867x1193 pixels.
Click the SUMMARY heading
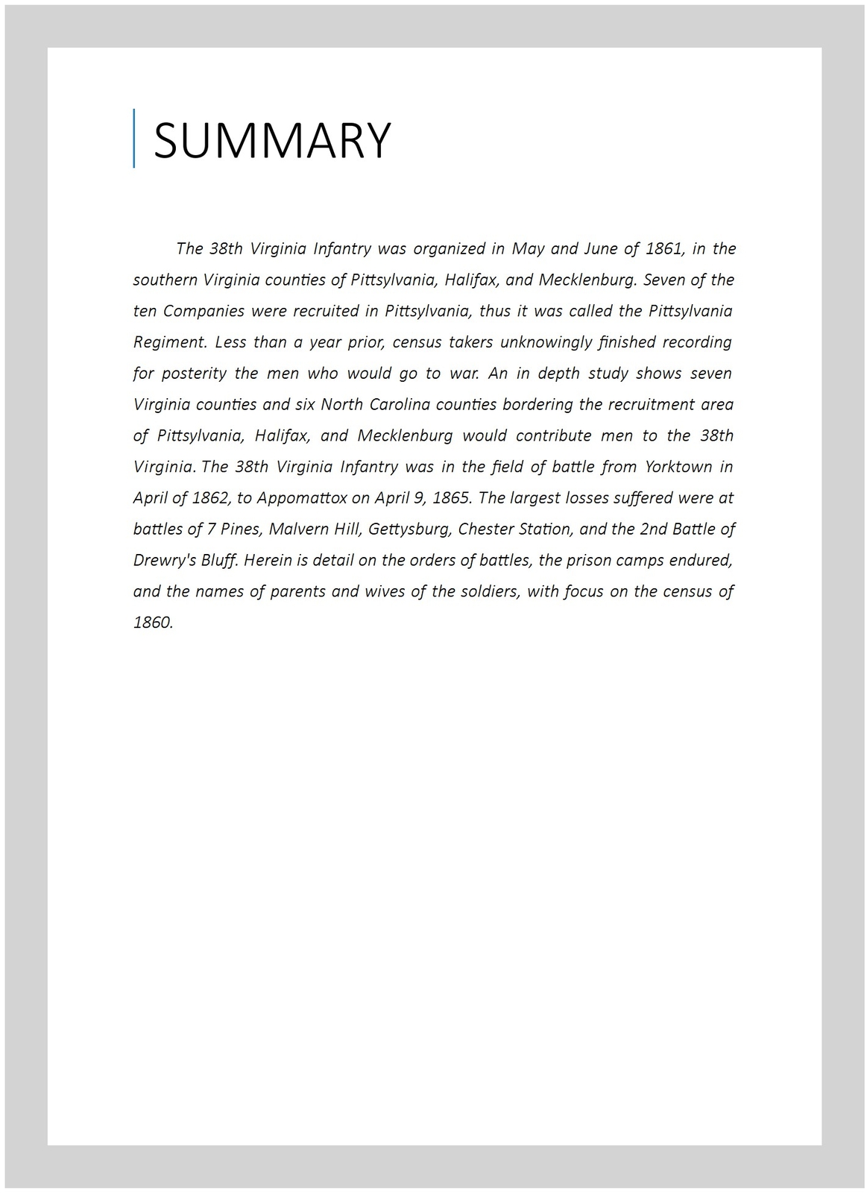[x=272, y=139]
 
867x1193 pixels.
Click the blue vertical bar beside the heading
[x=134, y=138]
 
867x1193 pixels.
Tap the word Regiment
[x=169, y=342]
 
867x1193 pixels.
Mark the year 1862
[x=209, y=498]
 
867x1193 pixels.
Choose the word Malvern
[x=296, y=529]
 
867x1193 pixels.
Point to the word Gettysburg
[x=409, y=529]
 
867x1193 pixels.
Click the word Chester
[x=484, y=529]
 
